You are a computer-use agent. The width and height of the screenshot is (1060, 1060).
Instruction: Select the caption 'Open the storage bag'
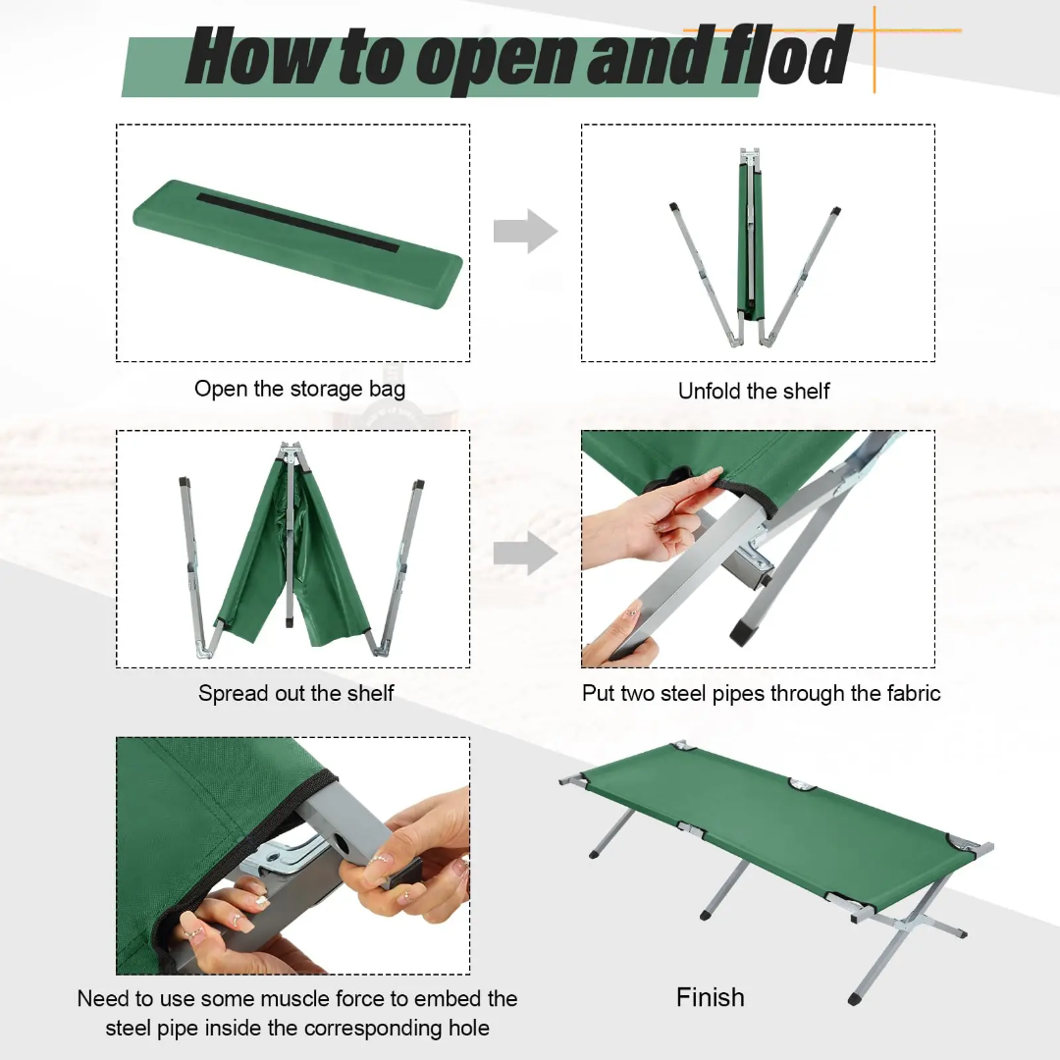coord(299,389)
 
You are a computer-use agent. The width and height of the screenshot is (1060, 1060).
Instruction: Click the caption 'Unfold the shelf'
coord(754,391)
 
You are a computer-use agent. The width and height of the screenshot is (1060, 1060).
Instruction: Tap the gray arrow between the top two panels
coord(524,232)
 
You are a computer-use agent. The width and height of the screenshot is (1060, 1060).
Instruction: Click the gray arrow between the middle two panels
coord(524,553)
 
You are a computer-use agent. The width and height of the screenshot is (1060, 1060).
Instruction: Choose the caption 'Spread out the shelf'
coord(295,693)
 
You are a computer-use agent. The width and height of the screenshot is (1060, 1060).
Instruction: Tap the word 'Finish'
coord(710,997)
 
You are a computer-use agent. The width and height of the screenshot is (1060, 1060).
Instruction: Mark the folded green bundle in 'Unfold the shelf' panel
coord(749,245)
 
